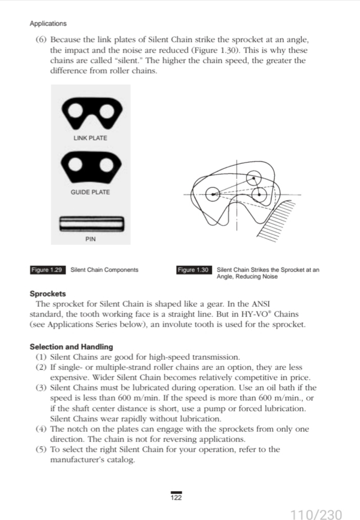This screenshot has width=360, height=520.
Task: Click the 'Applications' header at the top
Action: click(48, 23)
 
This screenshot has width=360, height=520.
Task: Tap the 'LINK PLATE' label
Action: click(90, 138)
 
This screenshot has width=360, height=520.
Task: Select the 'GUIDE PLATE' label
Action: click(90, 192)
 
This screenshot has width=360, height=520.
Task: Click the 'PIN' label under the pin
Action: click(90, 238)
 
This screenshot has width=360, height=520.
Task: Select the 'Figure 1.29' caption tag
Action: click(48, 269)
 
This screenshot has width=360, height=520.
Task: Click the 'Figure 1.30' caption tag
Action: click(194, 269)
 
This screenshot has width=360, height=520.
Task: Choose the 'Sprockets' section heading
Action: click(48, 294)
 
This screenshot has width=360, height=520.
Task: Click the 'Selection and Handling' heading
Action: click(71, 347)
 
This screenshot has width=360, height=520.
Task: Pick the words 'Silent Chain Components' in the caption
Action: click(104, 269)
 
